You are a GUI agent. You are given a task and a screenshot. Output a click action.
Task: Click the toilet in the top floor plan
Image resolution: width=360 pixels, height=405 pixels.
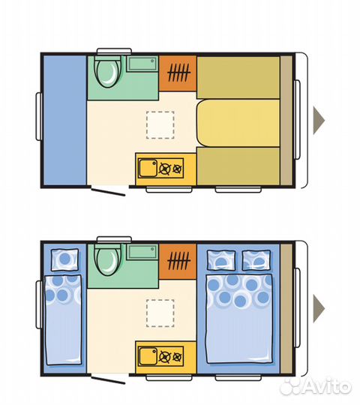coord(108,72)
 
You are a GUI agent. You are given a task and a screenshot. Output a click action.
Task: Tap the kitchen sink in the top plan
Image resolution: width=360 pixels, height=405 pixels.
coord(148,168)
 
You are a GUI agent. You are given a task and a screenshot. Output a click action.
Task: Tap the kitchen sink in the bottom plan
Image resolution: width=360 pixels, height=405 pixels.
coord(148,356)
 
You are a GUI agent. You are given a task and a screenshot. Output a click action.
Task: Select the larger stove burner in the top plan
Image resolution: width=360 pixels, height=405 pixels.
coord(165,169)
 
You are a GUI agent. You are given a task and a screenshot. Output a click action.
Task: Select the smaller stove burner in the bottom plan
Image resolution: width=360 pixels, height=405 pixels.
coord(177,357)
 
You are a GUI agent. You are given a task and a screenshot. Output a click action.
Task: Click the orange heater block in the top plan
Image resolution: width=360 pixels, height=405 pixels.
coord(178,73)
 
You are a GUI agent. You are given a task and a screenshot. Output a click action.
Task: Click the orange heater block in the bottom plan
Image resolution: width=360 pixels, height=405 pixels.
coord(178,261)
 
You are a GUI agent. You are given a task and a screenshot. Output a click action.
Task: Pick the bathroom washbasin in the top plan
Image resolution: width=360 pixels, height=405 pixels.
coord(142,64)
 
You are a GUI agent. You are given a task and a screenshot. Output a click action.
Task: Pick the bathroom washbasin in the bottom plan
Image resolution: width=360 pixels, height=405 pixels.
coord(142,252)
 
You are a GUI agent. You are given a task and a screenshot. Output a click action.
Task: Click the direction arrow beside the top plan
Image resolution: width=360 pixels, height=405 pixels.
coord(318,120)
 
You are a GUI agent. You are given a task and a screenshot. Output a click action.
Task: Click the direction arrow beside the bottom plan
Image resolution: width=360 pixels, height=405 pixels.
coord(318,309)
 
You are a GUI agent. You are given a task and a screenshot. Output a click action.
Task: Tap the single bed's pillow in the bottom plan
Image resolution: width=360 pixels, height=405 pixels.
coord(64,259)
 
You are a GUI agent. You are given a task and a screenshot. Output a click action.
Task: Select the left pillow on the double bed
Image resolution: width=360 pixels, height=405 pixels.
coord(221,260)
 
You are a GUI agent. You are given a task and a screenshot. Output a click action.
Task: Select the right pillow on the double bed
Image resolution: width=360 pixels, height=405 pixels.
coord(256,260)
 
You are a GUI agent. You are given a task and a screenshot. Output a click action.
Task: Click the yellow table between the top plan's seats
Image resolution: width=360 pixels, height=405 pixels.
coord(239,123)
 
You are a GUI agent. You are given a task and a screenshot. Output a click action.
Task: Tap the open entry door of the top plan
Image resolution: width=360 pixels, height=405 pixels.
coord(109,192)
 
